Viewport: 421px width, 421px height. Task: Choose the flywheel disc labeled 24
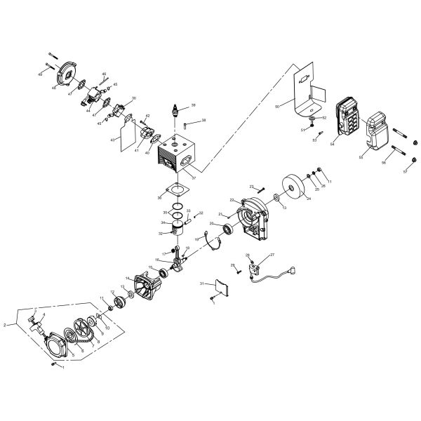point(295,186)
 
